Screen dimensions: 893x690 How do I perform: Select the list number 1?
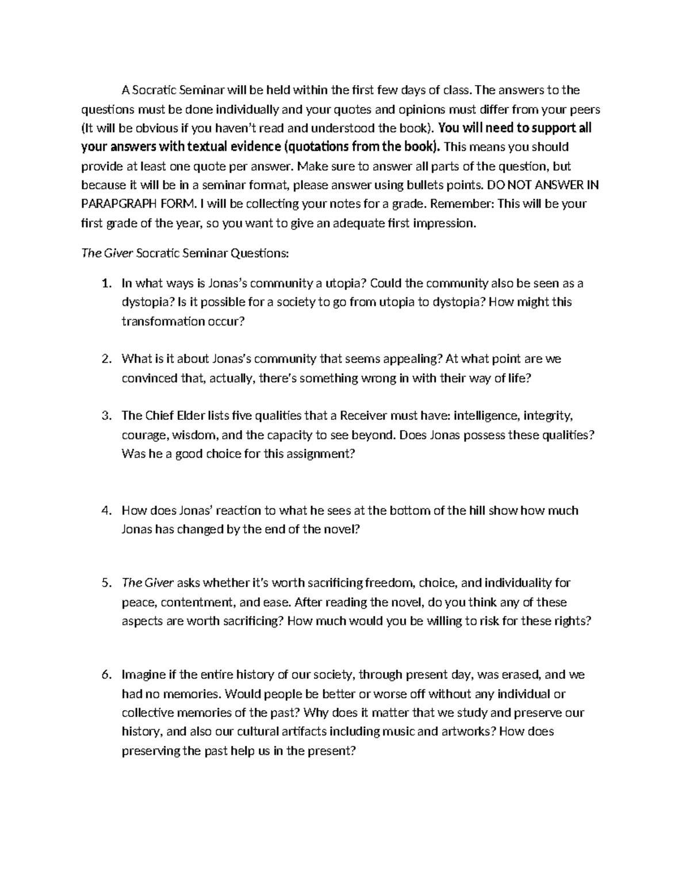tap(105, 283)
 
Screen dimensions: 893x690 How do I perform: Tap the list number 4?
tap(105, 511)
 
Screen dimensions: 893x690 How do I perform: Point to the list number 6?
tap(105, 675)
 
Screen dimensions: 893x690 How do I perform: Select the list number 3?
tap(105, 416)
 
